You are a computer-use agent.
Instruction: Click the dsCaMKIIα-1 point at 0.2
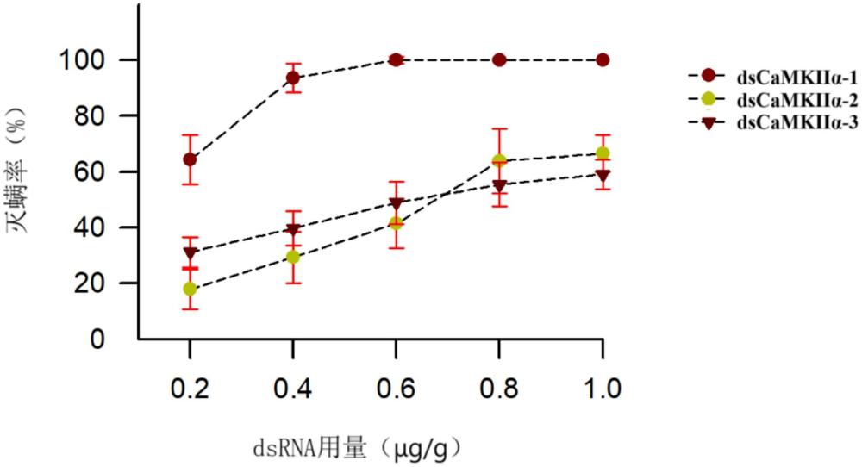click(190, 159)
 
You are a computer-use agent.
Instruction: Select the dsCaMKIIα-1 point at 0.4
click(293, 78)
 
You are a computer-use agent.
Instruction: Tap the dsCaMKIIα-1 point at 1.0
click(603, 59)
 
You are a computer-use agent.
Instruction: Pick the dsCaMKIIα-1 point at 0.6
click(396, 59)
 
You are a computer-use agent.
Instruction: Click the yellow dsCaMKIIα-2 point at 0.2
click(190, 289)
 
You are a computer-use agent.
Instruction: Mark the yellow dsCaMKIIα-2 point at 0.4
click(293, 257)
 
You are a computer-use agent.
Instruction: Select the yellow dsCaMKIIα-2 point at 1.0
click(603, 153)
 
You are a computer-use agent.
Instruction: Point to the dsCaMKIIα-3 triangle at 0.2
click(190, 252)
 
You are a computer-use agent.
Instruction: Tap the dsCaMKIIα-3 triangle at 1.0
click(603, 175)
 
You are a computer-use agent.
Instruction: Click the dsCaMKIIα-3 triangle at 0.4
click(293, 230)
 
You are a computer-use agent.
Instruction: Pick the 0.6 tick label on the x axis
click(396, 388)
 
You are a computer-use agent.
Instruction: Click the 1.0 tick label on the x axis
click(603, 388)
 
